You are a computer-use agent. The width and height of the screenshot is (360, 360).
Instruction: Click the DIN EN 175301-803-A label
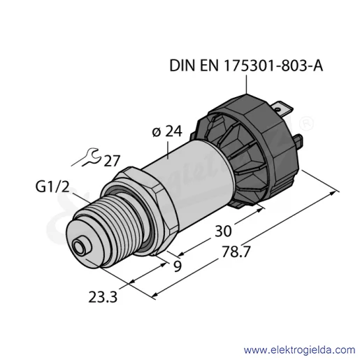click(246, 66)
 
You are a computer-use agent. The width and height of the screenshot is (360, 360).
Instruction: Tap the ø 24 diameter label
click(167, 131)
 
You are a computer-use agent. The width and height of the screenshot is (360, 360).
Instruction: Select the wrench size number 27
click(112, 161)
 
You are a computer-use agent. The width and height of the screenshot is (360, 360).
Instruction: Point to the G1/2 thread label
click(52, 187)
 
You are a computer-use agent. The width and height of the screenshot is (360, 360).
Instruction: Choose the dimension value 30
click(223, 231)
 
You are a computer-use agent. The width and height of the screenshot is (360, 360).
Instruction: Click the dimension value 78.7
click(236, 252)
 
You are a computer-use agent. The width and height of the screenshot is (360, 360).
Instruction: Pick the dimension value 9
click(178, 266)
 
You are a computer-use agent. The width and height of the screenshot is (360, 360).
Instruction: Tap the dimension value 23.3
click(103, 297)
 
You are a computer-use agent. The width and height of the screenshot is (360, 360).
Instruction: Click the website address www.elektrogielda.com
click(299, 350)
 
